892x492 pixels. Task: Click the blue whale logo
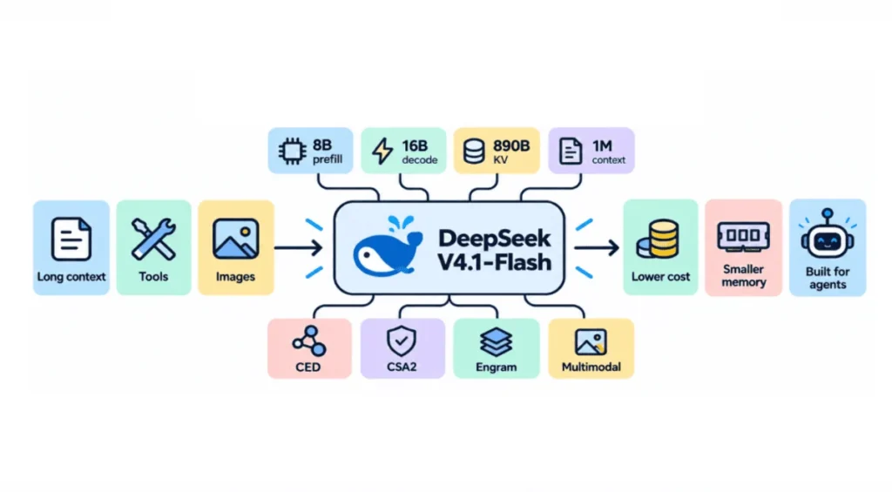388,246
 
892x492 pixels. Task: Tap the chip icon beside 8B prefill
293,152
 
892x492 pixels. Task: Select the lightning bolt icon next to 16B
382,152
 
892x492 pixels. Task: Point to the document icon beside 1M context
571,152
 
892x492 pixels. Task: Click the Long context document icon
71,239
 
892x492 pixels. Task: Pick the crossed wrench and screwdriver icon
153,239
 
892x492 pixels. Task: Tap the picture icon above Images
235,239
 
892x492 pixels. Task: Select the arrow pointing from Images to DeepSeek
299,247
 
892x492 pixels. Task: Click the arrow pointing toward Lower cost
597,247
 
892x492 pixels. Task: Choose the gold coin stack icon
659,239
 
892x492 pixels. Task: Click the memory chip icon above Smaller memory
744,236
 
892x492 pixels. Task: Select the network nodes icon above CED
309,340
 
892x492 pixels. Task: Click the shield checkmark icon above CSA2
402,341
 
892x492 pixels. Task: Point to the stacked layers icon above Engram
496,342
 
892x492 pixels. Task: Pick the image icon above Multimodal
591,342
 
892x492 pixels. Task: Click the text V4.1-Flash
495,262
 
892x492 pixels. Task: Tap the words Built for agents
828,278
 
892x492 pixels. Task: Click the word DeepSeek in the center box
495,238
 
